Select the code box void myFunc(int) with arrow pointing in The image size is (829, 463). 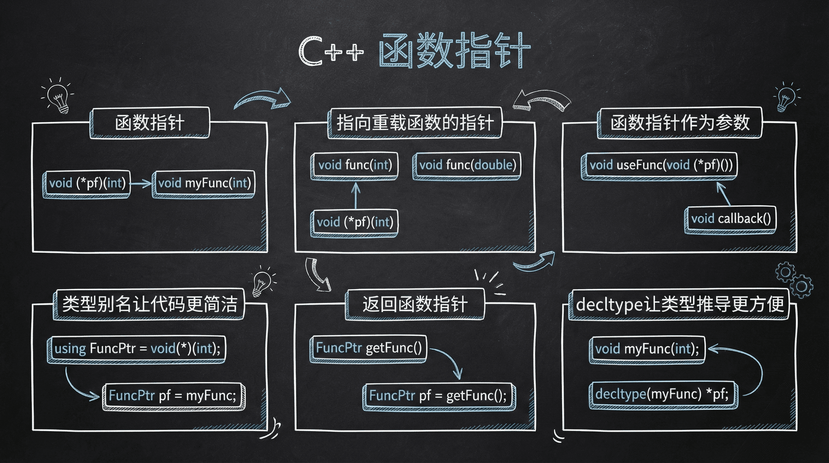[x=204, y=183]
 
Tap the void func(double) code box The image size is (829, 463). [x=467, y=165]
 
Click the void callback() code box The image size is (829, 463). [x=730, y=219]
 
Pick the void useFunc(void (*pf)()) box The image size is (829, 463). [x=660, y=165]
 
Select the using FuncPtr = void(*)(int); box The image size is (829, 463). [x=137, y=349]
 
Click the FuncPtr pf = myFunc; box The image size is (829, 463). [x=173, y=395]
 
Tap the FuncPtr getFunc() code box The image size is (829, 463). [x=368, y=348]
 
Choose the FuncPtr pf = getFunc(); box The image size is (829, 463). [x=438, y=395]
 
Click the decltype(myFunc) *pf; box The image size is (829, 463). [x=663, y=394]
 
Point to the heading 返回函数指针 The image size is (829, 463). [x=415, y=304]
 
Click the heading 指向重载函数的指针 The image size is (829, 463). [x=415, y=123]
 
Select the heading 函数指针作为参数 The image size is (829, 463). [x=680, y=123]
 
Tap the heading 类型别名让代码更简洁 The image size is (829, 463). [x=149, y=304]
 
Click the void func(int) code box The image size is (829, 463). [x=355, y=165]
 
